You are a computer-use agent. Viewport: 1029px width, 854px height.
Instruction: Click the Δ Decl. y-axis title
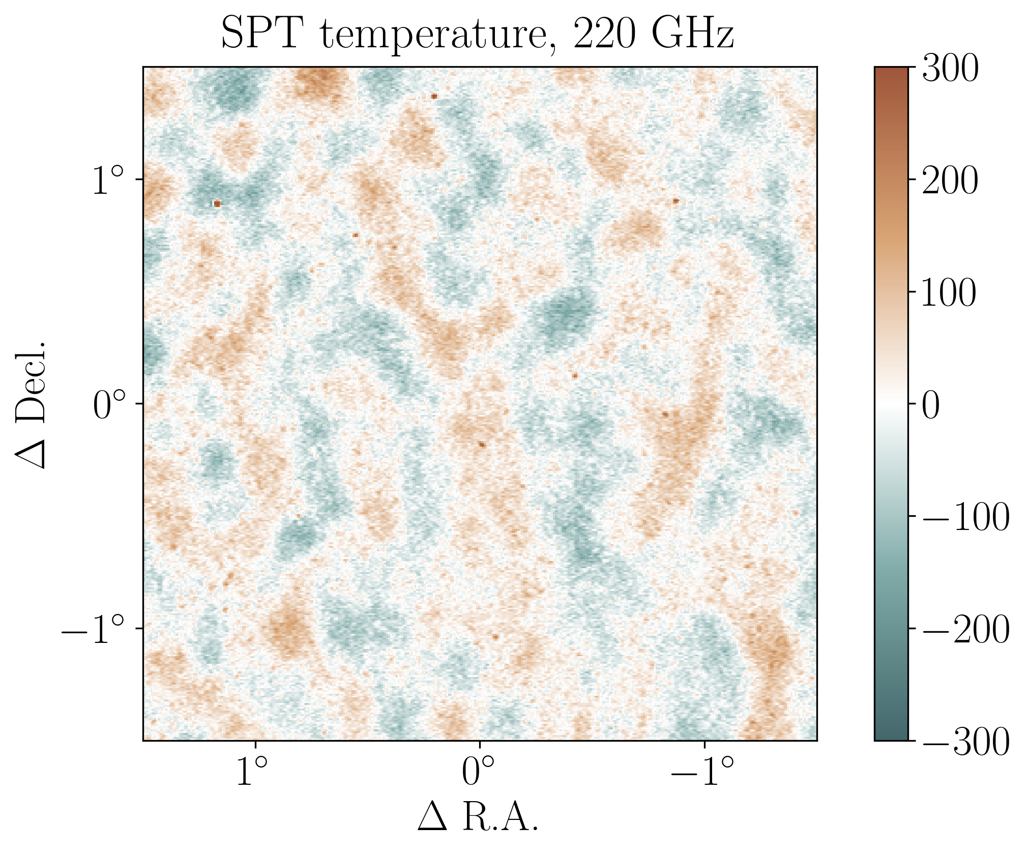coord(31,404)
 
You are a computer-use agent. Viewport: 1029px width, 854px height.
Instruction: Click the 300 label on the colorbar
coord(950,68)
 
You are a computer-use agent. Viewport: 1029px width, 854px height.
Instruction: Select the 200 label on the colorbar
coord(950,181)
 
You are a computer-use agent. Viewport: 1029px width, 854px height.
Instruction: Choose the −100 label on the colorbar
coord(965,517)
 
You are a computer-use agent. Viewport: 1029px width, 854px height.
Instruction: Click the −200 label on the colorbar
coord(965,630)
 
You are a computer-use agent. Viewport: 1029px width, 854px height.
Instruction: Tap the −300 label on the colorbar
coord(965,742)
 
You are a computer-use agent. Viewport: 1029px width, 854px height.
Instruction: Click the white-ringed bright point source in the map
coord(217,203)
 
